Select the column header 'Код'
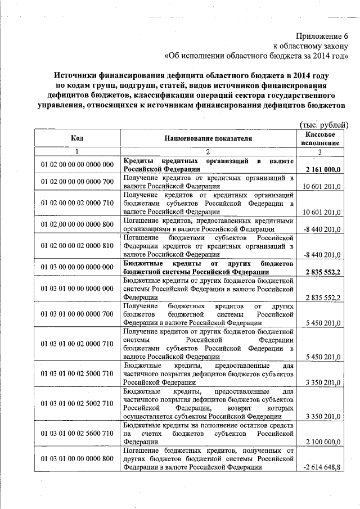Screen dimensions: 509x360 coord(77,138)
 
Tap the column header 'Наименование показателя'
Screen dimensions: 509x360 coord(209,138)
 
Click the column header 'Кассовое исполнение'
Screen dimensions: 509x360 coord(321,138)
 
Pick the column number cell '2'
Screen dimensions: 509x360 coord(209,151)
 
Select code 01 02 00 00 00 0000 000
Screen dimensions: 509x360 coord(78,164)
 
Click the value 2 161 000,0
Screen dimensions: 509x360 coord(323,169)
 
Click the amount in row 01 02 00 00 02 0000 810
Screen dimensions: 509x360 coord(322,255)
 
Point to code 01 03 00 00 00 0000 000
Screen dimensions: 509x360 coord(78,267)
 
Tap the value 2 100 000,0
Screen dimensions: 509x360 coord(322,443)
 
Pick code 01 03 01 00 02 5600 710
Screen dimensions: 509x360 coord(78,434)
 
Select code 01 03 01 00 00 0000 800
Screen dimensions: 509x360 coord(78,459)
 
